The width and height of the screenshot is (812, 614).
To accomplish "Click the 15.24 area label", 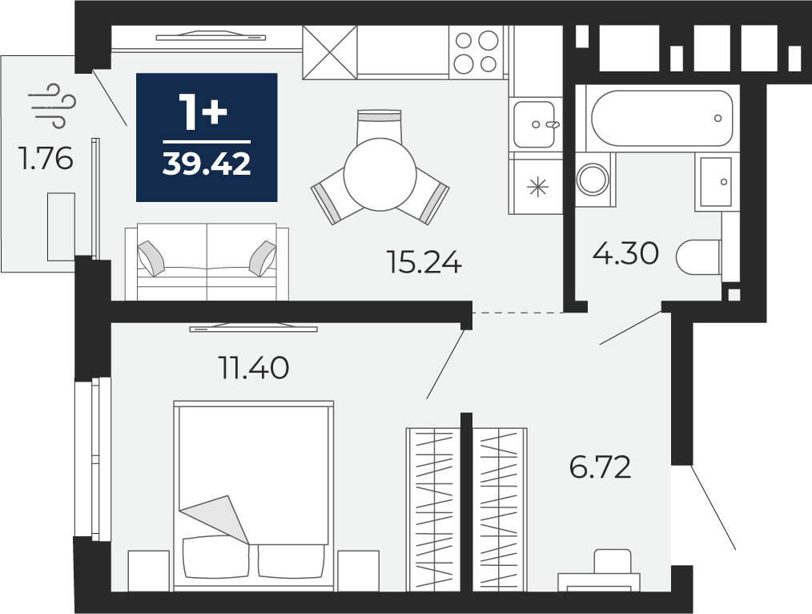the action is pyautogui.click(x=424, y=262).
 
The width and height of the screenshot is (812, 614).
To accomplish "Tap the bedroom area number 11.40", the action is pyautogui.click(x=253, y=368).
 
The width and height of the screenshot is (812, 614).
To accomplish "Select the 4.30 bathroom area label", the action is pyautogui.click(x=625, y=254).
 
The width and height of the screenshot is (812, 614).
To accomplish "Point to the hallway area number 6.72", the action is pyautogui.click(x=601, y=467).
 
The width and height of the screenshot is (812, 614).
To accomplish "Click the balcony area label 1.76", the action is pyautogui.click(x=45, y=159).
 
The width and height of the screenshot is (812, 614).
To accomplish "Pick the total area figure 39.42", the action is pyautogui.click(x=207, y=164).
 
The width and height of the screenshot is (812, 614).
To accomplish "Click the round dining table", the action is pyautogui.click(x=380, y=174).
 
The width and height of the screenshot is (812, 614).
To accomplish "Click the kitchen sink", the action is pyautogui.click(x=535, y=124).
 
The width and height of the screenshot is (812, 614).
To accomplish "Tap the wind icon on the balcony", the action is pyautogui.click(x=52, y=106).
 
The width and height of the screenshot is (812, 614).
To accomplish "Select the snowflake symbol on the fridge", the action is pyautogui.click(x=537, y=187).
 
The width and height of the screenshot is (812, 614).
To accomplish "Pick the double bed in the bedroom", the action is pyautogui.click(x=253, y=496).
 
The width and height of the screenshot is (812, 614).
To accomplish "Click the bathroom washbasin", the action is pyautogui.click(x=716, y=183).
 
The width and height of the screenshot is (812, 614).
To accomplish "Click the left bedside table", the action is pyautogui.click(x=149, y=571).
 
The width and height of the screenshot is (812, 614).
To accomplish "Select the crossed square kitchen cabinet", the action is pyautogui.click(x=330, y=52).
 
